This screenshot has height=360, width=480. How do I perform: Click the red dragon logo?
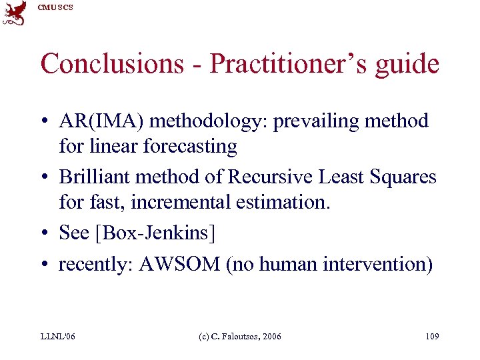tap(14, 13)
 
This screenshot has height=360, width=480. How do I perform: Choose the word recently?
tap(96, 264)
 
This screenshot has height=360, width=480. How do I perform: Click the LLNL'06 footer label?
tap(57, 337)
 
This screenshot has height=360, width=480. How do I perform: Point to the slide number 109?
tap(431, 337)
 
